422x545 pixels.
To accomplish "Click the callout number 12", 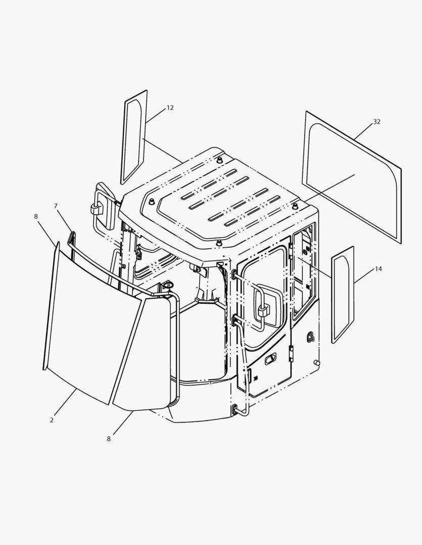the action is pos(170,108).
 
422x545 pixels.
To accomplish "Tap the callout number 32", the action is pos(377,122).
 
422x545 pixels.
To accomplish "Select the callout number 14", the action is pos(378,268).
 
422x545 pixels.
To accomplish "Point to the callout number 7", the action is pos(56,206).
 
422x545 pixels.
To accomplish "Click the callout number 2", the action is pos(52,420).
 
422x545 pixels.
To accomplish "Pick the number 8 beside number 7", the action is pos(36,216).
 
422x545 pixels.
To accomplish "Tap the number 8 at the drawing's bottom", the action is pos(109,439).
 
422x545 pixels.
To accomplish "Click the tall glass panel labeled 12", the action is pos(134,137).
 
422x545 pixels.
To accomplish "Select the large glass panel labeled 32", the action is pos(352,177).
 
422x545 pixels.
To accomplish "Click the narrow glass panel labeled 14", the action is pos(343,295).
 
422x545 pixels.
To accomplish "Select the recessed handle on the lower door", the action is pos(270,359).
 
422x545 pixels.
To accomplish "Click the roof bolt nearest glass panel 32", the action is pos(295,206).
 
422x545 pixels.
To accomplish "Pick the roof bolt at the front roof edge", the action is pos(219,243).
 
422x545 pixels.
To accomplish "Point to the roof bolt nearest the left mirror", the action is pos(152,202).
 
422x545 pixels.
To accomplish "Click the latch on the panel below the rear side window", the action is pos(311,337).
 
